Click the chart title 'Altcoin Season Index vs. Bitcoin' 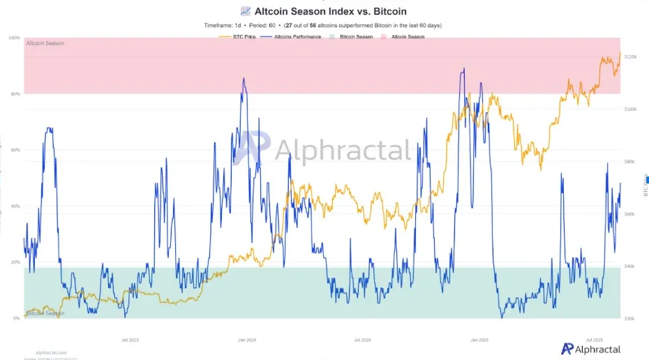[x=330, y=11]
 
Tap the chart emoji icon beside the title [x=245, y=11]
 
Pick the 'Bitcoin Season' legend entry [x=355, y=36]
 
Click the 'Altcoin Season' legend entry [x=408, y=36]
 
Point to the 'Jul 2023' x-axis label [x=130, y=340]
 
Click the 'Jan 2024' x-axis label [x=247, y=340]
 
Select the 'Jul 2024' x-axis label [x=362, y=340]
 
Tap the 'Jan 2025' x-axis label [x=479, y=340]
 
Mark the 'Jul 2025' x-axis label [x=594, y=340]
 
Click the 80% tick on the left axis [x=15, y=94]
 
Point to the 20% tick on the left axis [x=15, y=262]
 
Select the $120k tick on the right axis [x=630, y=57]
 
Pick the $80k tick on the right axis [x=629, y=162]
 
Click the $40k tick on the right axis [x=629, y=267]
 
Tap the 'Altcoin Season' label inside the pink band [x=45, y=43]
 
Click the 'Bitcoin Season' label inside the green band [x=45, y=313]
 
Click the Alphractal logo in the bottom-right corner [x=591, y=348]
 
